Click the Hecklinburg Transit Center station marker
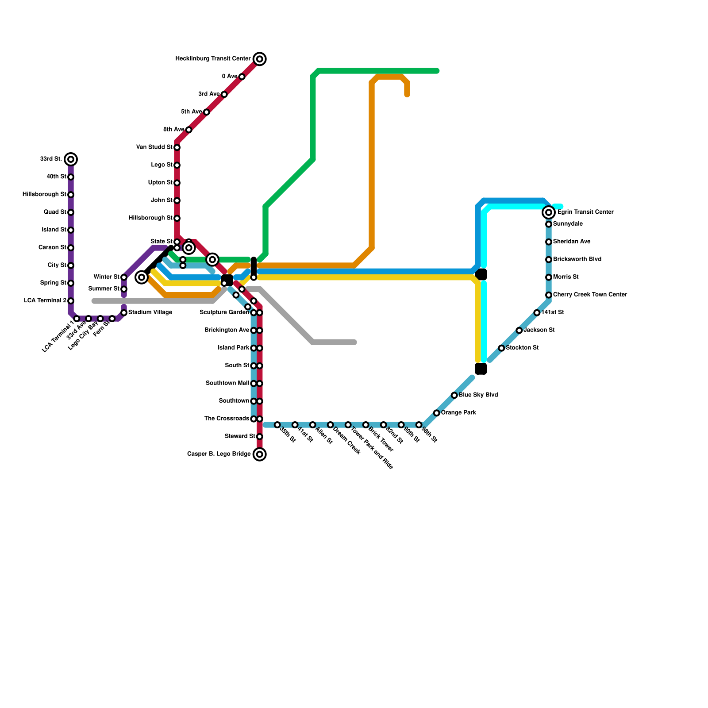click(x=260, y=59)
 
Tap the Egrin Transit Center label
click(x=585, y=212)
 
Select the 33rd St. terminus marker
click(x=71, y=159)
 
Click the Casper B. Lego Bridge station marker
click(x=260, y=454)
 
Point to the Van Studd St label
click(x=154, y=147)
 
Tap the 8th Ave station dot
click(x=189, y=130)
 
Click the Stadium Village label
click(x=150, y=312)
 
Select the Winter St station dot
click(x=124, y=277)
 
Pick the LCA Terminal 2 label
click(x=45, y=301)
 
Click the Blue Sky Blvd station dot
click(x=454, y=395)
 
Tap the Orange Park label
click(x=458, y=413)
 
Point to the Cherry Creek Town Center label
click(x=590, y=295)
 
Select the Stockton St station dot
click(x=501, y=348)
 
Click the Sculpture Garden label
click(x=224, y=312)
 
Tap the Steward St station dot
click(x=260, y=437)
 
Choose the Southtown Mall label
click(x=227, y=383)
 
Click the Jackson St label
click(x=539, y=330)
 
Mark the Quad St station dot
click(x=71, y=212)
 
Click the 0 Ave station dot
click(x=242, y=77)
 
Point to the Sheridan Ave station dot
click(x=549, y=242)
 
